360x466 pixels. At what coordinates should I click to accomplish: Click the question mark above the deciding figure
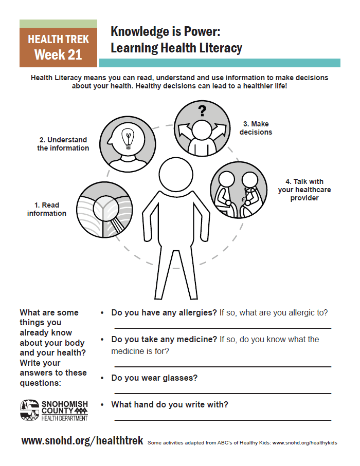202,110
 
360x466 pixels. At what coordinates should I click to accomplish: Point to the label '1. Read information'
47,209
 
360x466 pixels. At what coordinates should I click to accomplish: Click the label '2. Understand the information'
63,144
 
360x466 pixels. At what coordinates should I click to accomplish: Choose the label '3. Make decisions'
256,128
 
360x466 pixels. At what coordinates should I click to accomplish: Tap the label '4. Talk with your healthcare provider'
304,190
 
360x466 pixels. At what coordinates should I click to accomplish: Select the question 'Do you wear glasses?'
154,378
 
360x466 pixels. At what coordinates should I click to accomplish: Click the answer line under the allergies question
222,328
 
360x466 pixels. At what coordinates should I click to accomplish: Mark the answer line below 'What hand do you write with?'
222,420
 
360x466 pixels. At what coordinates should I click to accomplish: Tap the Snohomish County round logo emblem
29,409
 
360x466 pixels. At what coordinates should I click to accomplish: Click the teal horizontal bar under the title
220,63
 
